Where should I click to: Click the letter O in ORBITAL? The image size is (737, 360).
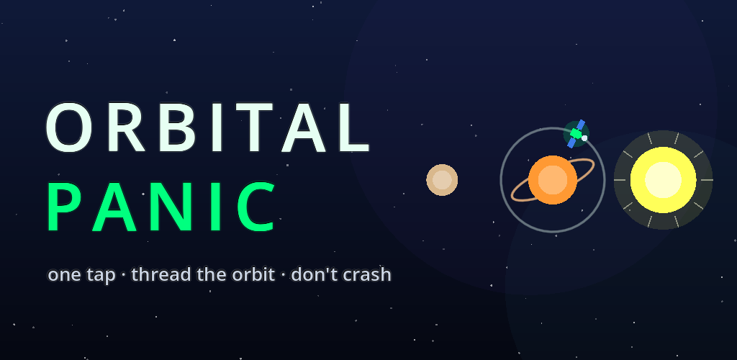tap(68, 127)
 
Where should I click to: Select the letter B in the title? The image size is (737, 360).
tap(178, 127)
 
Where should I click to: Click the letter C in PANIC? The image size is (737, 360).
tap(256, 207)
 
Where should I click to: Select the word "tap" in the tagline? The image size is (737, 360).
tap(101, 276)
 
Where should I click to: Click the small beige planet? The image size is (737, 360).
tap(442, 179)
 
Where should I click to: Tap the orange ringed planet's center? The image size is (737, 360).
tap(552, 179)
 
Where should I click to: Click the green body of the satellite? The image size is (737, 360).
tap(576, 133)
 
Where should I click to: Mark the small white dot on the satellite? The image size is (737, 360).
tap(584, 138)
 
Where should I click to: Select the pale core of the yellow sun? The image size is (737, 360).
tap(663, 179)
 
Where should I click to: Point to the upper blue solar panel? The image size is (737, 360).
tap(581, 125)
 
